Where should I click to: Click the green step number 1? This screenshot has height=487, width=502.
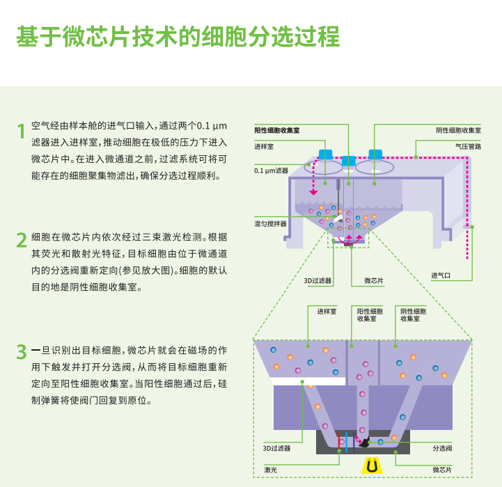tap(22, 130)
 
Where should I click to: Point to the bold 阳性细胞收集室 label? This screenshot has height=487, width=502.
tap(276, 130)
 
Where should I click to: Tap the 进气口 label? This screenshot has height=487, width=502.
tap(441, 276)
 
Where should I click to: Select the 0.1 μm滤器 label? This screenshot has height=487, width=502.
tap(271, 170)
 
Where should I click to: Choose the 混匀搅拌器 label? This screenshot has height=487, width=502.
tap(270, 224)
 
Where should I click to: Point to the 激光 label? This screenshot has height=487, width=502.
tap(270, 470)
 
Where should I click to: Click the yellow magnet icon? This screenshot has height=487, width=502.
tap(373, 466)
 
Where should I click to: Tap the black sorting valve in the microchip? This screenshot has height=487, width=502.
tap(363, 442)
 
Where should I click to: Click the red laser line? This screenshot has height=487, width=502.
tap(340, 441)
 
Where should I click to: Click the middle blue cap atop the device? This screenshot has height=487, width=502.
tap(348, 161)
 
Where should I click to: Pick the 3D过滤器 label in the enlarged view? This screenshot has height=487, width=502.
tap(276, 449)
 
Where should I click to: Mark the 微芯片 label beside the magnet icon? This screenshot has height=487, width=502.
tap(444, 470)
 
